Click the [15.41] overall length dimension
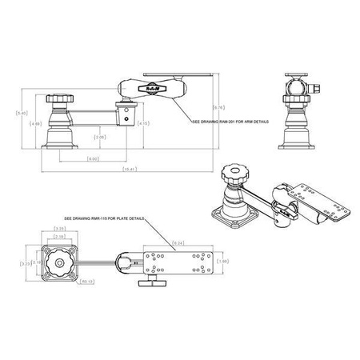point(128,170)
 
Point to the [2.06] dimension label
point(99,137)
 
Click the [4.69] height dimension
point(34,123)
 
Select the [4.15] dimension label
point(142,123)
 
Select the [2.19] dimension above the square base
point(59,238)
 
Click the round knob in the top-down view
point(58,263)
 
